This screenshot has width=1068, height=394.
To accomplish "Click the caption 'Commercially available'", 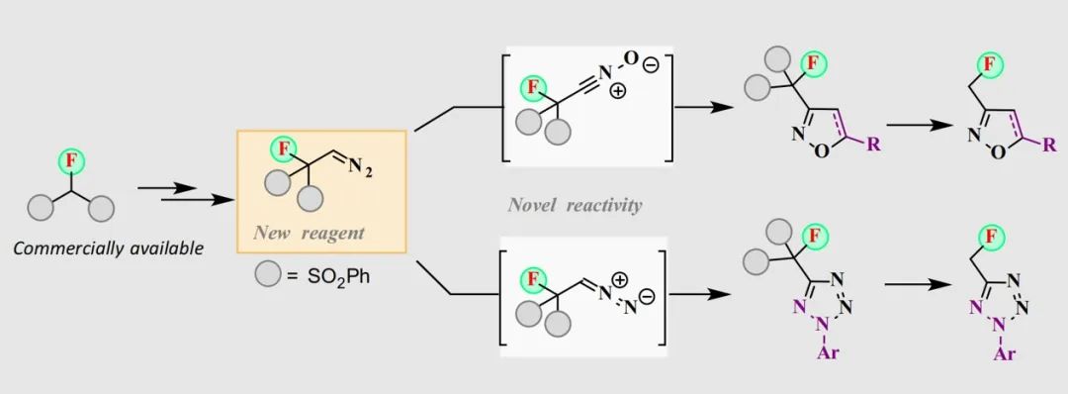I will (109, 247).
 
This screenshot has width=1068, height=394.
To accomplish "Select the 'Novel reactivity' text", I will (575, 205).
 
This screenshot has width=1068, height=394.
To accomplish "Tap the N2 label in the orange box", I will (361, 171).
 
